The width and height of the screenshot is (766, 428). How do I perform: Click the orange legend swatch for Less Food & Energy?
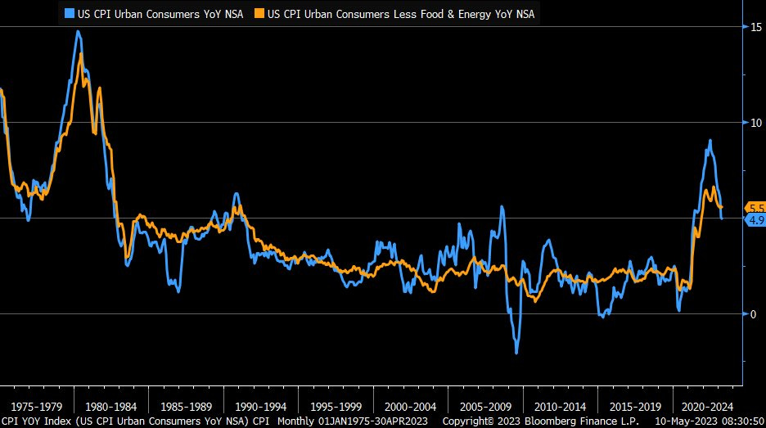259,14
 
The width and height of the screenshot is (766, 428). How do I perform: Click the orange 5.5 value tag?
754,208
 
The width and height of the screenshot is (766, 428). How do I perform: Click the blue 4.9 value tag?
754,219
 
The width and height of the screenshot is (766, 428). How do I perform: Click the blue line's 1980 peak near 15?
78,32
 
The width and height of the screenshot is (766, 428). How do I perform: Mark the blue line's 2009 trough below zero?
516,353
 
